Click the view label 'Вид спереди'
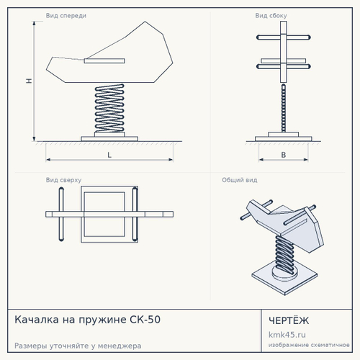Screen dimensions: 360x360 coord(66,16)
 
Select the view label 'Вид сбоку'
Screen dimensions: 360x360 coord(271,16)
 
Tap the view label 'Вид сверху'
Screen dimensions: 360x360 coord(63,180)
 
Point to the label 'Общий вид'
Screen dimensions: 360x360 coord(240,180)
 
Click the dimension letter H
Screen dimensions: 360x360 coord(29,81)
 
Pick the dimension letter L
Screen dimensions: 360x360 coord(109,155)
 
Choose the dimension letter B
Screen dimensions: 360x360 coord(284,155)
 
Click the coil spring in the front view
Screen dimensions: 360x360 coord(109,108)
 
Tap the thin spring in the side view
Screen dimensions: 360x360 coord(284,108)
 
